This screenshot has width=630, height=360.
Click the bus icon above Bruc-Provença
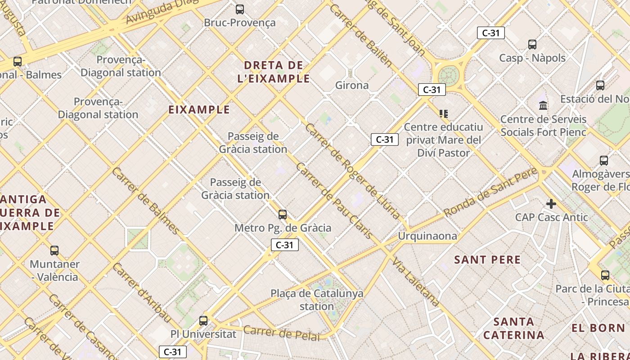point(240,9)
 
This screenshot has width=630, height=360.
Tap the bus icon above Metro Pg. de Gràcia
point(283,214)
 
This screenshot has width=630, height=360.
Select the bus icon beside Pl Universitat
point(203,320)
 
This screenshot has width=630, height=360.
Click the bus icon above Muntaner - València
point(54,250)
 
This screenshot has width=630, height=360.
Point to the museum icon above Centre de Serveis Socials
point(543,106)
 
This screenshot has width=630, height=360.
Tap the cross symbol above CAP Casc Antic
point(551,204)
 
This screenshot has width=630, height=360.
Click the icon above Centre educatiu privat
point(444,114)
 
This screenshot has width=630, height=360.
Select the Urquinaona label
point(427,236)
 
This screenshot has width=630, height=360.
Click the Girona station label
point(352,85)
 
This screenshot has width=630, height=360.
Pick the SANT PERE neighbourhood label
point(487,260)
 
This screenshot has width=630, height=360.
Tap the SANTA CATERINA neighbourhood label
point(513,328)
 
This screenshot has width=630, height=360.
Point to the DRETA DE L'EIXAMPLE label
point(274,72)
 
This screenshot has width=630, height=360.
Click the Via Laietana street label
point(415,282)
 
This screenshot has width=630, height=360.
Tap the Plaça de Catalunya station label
point(317,300)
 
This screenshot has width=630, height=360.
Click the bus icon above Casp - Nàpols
point(532,44)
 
